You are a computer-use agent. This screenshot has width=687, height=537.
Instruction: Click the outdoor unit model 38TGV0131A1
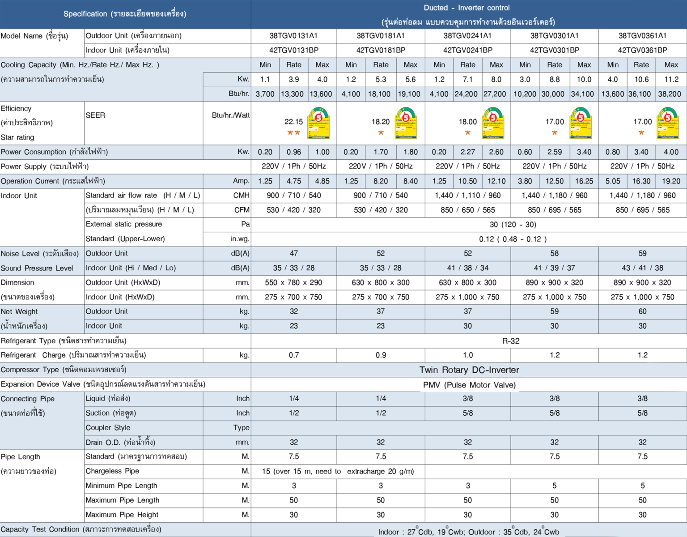[x=293, y=36]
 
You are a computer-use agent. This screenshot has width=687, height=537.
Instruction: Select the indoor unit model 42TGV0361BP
[x=642, y=50]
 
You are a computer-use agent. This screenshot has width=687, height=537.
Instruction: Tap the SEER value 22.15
[x=293, y=122]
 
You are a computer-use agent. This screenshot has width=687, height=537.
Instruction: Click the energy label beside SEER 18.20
[x=406, y=123]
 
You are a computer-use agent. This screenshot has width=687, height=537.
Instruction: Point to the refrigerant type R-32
[x=511, y=341]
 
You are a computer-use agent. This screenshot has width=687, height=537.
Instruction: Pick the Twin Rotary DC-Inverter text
[x=469, y=370]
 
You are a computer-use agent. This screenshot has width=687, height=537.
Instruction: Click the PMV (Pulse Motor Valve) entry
[x=469, y=385]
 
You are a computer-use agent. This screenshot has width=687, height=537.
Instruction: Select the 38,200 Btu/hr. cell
[x=669, y=94]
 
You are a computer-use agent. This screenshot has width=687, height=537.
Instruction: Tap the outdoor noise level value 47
[x=293, y=253]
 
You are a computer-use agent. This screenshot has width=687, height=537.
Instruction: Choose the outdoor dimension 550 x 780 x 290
[x=293, y=282]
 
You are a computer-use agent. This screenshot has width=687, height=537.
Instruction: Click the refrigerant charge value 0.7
[x=293, y=355]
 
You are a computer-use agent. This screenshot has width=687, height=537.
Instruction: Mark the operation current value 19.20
[x=671, y=181]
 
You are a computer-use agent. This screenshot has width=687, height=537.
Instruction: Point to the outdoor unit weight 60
[x=642, y=311]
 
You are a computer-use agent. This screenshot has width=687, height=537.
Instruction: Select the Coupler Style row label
[x=108, y=428]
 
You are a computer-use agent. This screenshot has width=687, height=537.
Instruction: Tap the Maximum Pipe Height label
[x=122, y=515]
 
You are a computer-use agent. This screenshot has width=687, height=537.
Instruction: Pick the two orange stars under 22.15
[x=293, y=133]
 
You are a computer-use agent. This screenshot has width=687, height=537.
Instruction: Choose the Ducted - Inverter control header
[x=466, y=8]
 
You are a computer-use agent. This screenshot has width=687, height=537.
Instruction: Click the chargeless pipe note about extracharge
[x=338, y=471]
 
